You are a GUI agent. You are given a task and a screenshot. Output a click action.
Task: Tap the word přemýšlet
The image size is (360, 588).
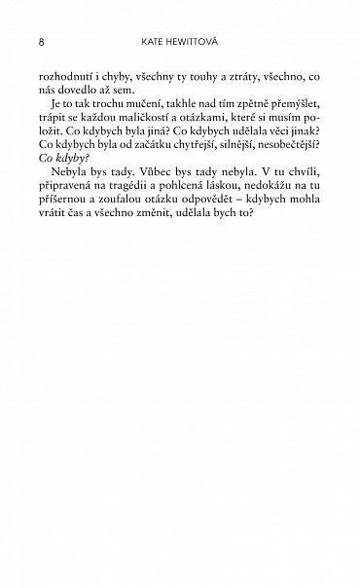point(288,112)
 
